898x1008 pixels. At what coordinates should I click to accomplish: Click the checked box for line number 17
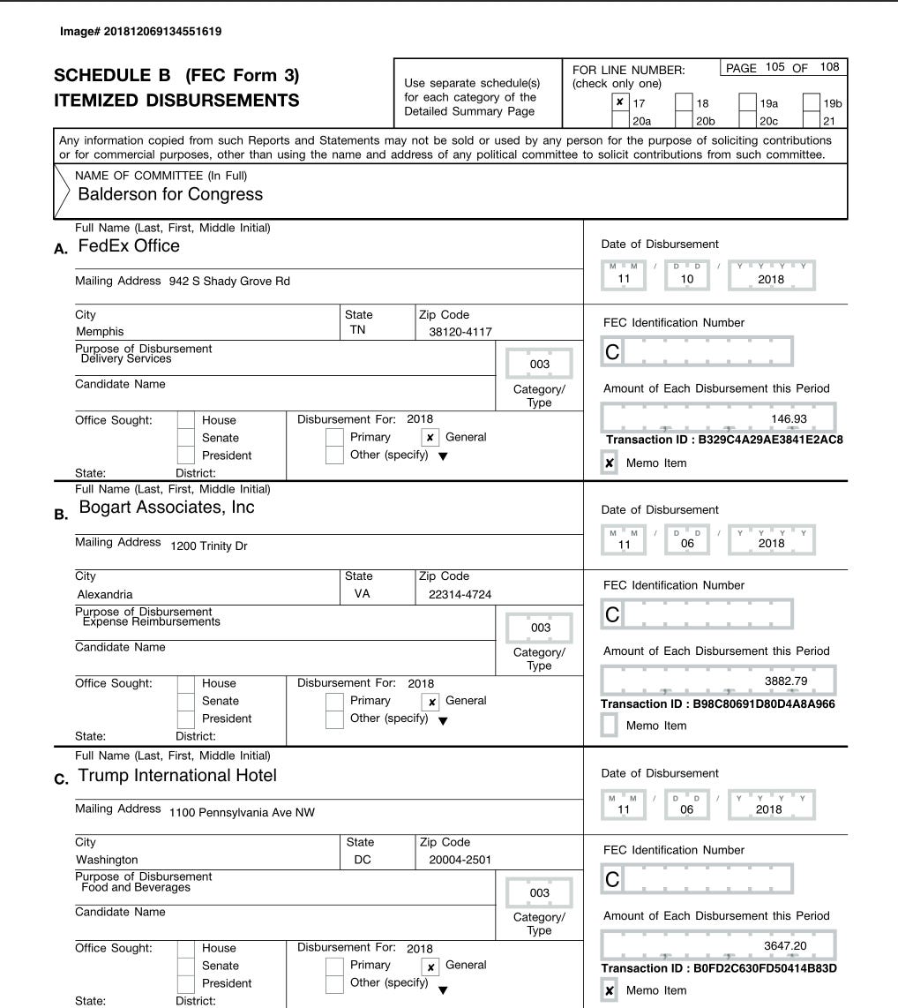point(621,102)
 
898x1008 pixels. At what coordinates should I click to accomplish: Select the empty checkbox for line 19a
point(748,102)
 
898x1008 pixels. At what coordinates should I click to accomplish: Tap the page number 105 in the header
point(775,68)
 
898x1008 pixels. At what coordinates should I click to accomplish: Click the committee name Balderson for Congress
point(170,194)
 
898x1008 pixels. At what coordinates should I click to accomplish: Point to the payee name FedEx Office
point(130,246)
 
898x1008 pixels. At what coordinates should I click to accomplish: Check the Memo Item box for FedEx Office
point(610,463)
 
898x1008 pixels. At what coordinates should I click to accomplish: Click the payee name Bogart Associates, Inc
point(167,507)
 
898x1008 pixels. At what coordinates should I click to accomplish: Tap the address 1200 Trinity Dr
point(209,546)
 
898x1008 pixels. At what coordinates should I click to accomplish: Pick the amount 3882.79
point(785,681)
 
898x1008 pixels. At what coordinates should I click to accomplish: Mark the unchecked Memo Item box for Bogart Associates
point(610,726)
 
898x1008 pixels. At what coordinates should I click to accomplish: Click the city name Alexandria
point(105,594)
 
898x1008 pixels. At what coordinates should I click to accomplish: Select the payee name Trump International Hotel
point(177,775)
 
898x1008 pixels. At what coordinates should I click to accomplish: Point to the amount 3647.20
point(785,946)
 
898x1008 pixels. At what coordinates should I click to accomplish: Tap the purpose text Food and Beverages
point(136,887)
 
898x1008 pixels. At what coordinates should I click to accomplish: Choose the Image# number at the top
point(140,32)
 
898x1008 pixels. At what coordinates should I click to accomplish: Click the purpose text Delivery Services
point(126,359)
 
